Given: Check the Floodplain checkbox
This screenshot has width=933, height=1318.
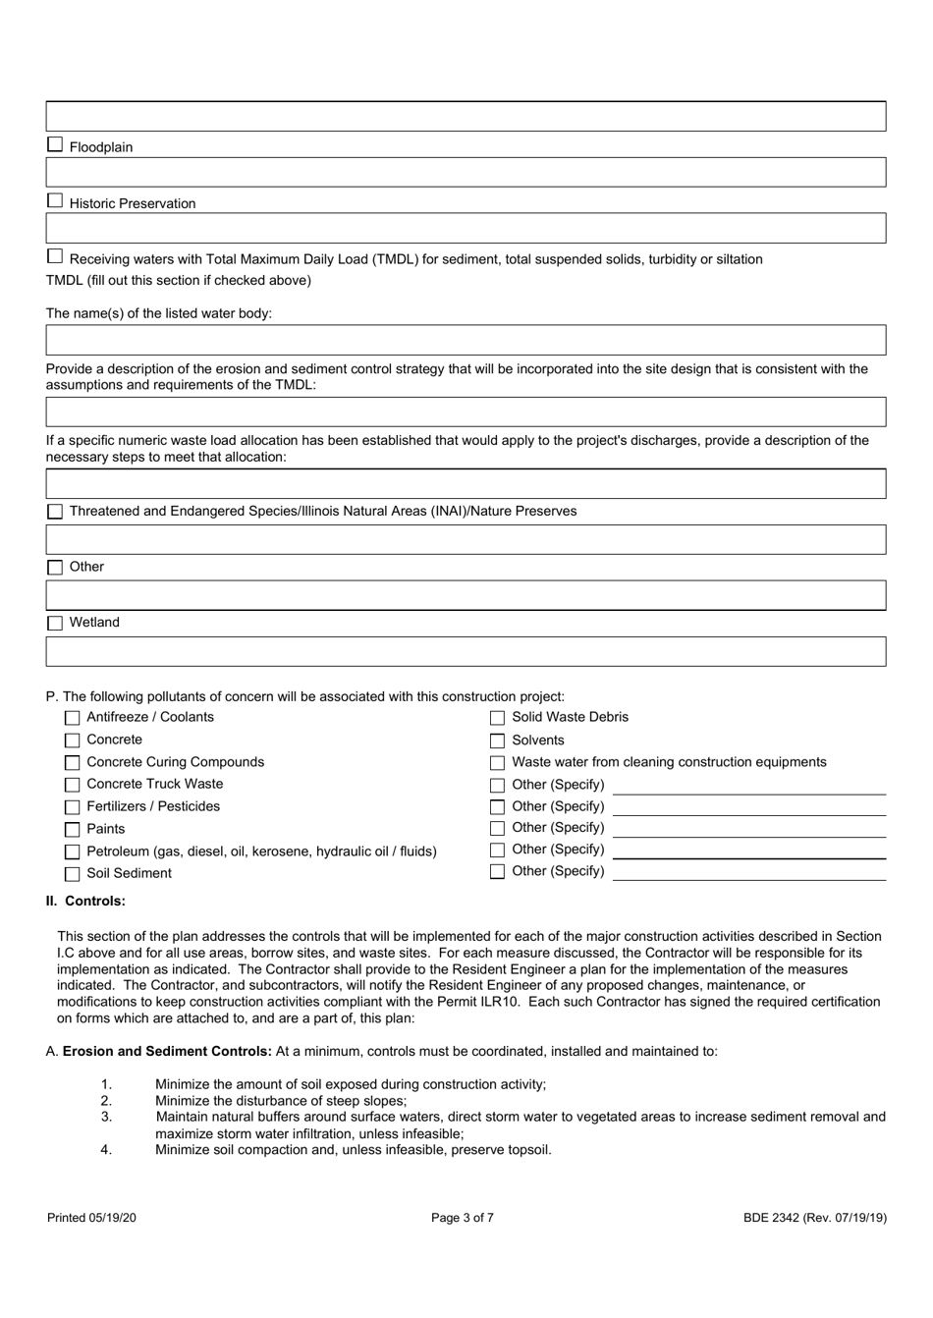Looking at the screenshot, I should pyautogui.click(x=55, y=145).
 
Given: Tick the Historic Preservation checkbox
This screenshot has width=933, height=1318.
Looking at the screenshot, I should pyautogui.click(x=55, y=201).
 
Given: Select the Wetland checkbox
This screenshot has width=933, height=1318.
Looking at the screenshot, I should pyautogui.click(x=55, y=623).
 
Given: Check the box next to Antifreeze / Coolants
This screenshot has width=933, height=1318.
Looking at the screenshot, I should pyautogui.click(x=72, y=718).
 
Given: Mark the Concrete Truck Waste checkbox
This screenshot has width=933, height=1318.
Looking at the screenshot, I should pyautogui.click(x=72, y=785).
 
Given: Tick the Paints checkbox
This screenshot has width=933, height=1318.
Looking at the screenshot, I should pyautogui.click(x=72, y=829).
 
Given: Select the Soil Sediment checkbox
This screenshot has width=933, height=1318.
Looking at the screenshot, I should pyautogui.click(x=72, y=873).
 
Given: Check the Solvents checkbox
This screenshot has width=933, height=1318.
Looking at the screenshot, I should pyautogui.click(x=497, y=741).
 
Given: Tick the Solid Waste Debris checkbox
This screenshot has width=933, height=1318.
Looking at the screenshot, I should pyautogui.click(x=497, y=718).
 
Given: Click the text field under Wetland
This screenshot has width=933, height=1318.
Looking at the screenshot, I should pyautogui.click(x=466, y=651).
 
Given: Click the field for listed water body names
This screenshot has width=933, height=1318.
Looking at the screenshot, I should pyautogui.click(x=466, y=340).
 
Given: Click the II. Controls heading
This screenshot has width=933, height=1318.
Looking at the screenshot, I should pyautogui.click(x=85, y=901).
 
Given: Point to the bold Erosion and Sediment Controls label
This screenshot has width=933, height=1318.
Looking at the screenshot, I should pyautogui.click(x=167, y=1051).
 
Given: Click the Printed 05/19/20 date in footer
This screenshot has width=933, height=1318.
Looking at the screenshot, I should pyautogui.click(x=91, y=1218).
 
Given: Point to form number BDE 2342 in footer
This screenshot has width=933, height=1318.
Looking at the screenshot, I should pyautogui.click(x=814, y=1218).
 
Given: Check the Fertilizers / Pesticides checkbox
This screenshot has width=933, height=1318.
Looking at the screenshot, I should pyautogui.click(x=72, y=807).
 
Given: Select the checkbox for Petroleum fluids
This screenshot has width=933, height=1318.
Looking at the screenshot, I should pyautogui.click(x=72, y=851).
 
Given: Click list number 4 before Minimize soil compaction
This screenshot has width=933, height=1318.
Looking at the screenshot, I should pyautogui.click(x=106, y=1150).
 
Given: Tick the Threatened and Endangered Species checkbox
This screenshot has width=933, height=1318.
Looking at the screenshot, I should pyautogui.click(x=55, y=512).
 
